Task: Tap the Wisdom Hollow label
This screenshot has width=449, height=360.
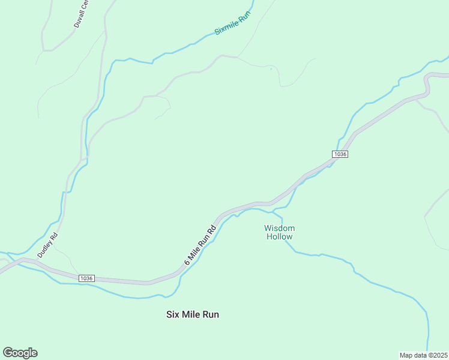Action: [280, 232]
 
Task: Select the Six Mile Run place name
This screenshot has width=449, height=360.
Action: [192, 314]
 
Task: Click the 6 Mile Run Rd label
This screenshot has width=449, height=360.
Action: [200, 245]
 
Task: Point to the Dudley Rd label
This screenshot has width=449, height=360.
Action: [47, 245]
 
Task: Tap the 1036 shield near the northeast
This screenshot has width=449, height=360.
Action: [340, 154]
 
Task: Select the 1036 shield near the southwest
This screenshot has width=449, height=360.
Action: [86, 278]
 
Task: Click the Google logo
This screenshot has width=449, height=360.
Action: [20, 353]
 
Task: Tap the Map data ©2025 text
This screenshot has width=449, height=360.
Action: [423, 355]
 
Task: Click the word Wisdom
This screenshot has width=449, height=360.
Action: [280, 228]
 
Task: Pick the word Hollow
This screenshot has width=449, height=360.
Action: [280, 236]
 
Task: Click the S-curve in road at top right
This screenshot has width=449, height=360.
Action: [427, 84]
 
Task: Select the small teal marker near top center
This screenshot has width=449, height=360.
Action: [271, 69]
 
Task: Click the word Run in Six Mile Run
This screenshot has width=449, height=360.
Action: [210, 314]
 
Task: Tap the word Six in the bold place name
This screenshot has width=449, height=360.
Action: [173, 314]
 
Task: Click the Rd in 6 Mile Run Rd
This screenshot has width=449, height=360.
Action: [211, 230]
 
